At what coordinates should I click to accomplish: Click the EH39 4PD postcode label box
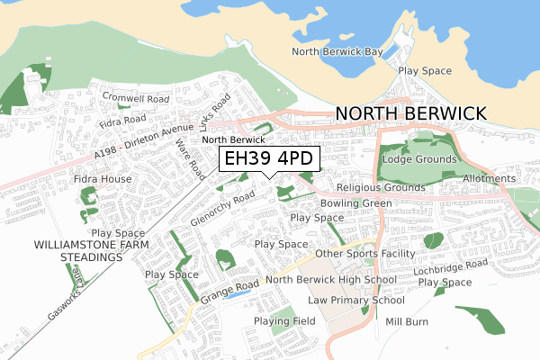coord(268,159)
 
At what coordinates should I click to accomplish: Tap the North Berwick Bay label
coord(337,51)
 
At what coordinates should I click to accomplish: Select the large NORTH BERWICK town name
coord(410,113)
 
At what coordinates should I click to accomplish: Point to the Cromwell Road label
coord(136,97)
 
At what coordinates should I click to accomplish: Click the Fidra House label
coord(103,179)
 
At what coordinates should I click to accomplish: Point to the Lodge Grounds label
coord(418,158)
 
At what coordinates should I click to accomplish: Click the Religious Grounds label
coord(381,188)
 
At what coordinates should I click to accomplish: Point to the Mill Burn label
coord(407,321)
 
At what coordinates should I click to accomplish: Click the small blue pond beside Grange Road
coord(237,292)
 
